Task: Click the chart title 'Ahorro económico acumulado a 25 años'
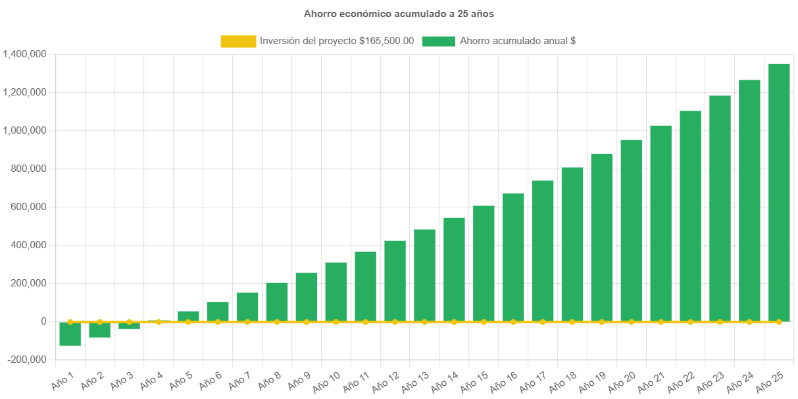click(x=399, y=14)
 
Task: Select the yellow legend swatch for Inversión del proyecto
click(x=238, y=41)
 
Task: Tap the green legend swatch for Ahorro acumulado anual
click(x=438, y=41)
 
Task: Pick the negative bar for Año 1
click(x=70, y=334)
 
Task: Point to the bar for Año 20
click(x=631, y=230)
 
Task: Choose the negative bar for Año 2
click(x=100, y=330)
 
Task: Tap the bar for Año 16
click(x=513, y=257)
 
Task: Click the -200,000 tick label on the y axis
click(x=27, y=359)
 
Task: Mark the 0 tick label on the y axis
click(x=43, y=321)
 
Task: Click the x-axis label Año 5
click(x=180, y=381)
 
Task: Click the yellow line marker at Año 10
click(x=336, y=322)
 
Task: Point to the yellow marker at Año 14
click(x=454, y=322)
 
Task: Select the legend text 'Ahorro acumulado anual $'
click(x=518, y=41)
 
